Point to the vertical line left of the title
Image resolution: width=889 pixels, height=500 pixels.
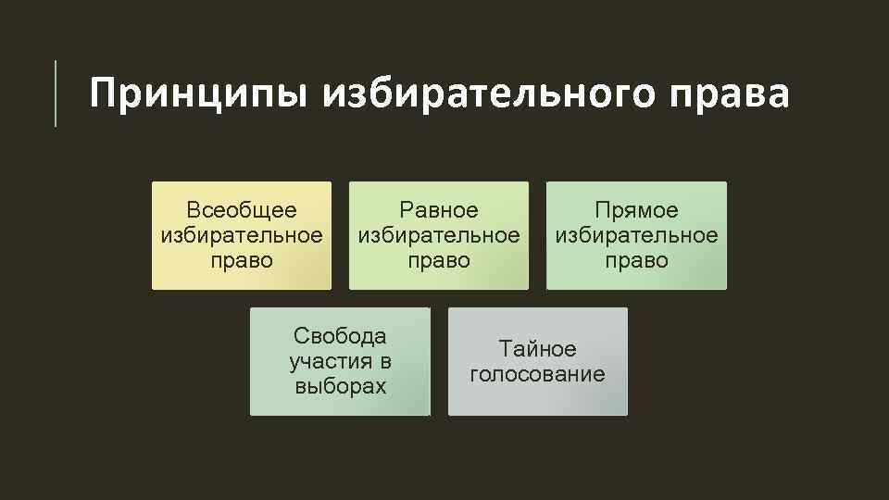(56, 93)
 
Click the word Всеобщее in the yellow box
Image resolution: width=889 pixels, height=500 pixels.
(242, 210)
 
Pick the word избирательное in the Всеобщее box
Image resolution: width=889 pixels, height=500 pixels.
(242, 235)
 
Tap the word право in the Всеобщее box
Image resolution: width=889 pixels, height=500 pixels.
(242, 260)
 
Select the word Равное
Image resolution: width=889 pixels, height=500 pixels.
(439, 210)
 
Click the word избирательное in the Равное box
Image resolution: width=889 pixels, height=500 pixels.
(439, 235)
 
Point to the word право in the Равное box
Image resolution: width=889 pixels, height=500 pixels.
(439, 260)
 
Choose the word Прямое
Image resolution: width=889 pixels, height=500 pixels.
(636, 210)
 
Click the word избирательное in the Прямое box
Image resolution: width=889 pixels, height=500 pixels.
(636, 235)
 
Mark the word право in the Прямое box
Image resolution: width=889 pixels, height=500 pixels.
(636, 260)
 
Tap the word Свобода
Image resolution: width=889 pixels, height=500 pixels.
(340, 335)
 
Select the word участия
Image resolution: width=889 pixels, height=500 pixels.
(328, 361)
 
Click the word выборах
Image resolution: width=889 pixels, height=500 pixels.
(340, 386)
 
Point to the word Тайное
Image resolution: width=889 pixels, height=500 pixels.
(537, 349)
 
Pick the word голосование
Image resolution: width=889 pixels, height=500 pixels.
(537, 374)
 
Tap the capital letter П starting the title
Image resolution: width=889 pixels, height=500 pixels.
(103, 94)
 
